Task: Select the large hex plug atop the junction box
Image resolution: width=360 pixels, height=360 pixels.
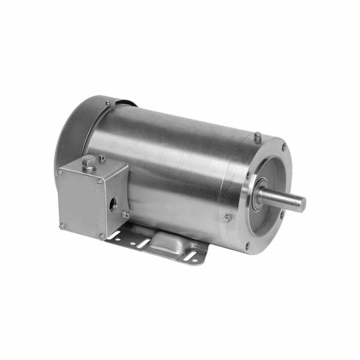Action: point(88,162)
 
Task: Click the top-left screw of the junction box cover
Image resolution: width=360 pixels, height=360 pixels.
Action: point(60,172)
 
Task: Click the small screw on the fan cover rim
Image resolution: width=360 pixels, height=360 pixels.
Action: point(108,102)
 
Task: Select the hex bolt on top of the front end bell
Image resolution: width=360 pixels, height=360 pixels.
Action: point(258,136)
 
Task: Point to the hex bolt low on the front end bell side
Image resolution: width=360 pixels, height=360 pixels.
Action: point(227,219)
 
